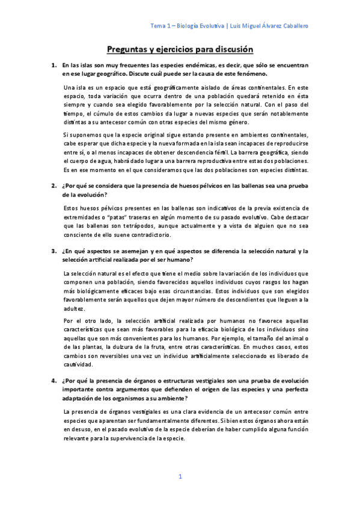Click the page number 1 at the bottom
point(180,476)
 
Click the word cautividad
point(78,364)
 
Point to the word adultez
point(73,307)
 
